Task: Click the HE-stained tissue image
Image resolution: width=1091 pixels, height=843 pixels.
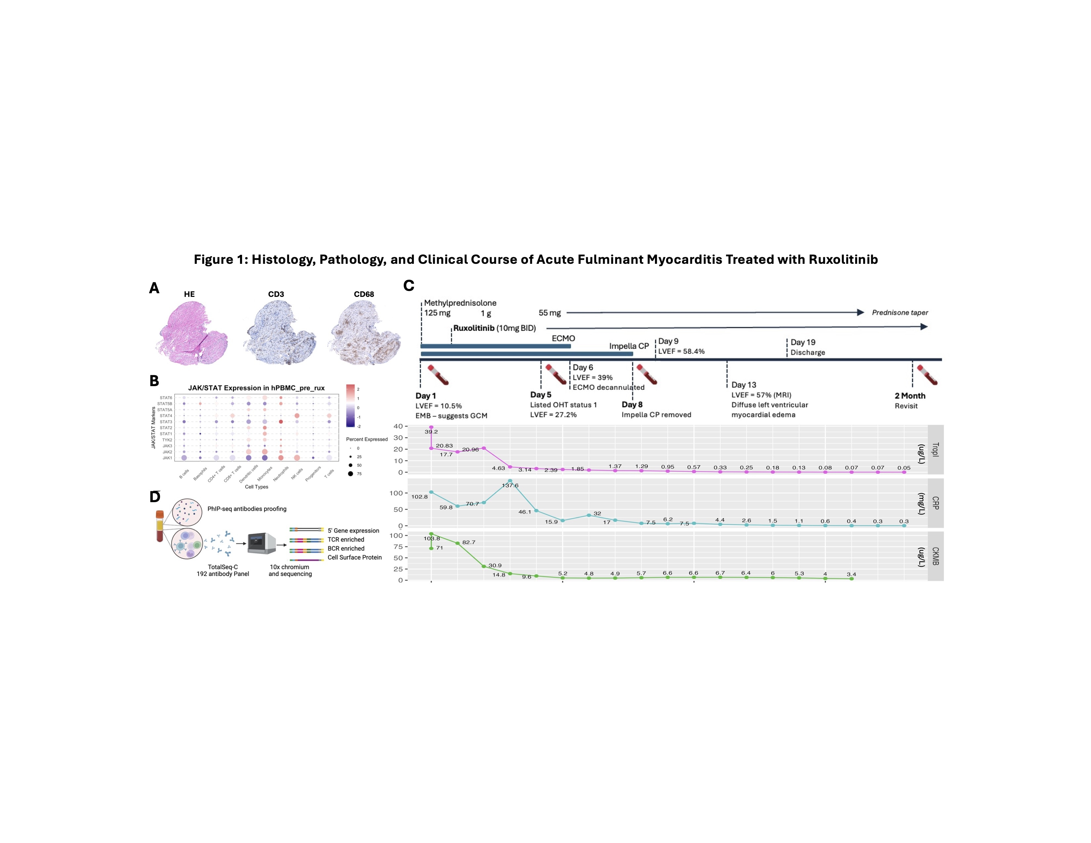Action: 193,333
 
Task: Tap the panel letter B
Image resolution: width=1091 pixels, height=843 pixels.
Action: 154,381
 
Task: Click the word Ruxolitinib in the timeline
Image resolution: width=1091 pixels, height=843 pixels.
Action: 473,328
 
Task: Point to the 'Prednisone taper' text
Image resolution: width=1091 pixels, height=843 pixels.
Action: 900,313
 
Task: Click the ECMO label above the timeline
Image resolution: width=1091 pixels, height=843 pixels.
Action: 563,339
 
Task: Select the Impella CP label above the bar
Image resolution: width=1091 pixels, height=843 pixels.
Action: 628,346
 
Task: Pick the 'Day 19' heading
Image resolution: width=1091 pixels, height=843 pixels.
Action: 803,342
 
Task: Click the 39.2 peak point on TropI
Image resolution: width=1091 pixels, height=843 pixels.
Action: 431,427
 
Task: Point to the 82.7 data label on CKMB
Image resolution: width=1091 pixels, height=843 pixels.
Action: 468,542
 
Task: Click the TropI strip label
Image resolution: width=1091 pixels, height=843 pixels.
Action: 935,450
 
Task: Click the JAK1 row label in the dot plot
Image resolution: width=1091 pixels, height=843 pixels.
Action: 167,458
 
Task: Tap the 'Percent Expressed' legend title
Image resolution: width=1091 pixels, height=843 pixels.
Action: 367,439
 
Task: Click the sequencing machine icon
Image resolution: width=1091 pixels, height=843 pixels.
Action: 262,543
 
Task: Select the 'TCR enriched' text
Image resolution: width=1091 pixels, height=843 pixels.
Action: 346,540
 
